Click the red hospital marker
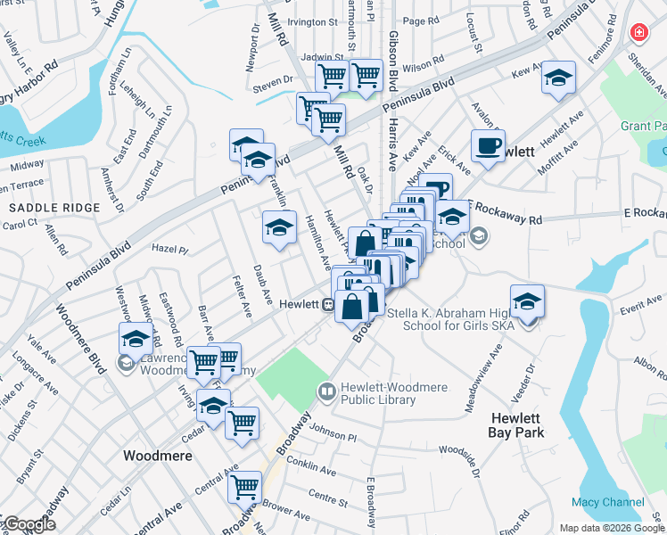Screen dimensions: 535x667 638,34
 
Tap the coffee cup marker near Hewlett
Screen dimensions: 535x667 488,146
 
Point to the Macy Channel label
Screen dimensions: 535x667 608,502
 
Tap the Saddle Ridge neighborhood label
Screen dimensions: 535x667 43,207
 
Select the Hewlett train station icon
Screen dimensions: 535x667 328,304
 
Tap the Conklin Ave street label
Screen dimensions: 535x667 310,469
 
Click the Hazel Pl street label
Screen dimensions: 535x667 171,250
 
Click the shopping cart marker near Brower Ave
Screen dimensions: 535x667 244,488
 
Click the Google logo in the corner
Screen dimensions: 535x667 29,524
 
